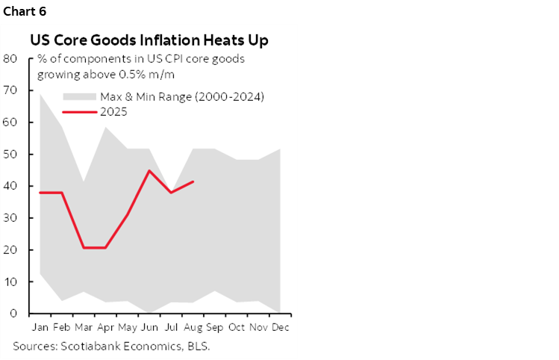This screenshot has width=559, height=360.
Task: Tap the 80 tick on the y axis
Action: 10,58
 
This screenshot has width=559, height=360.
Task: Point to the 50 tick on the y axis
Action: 10,155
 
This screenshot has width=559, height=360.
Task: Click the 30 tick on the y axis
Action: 10,218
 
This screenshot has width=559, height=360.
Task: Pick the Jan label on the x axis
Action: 40,328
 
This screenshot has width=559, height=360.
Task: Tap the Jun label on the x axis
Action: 149,328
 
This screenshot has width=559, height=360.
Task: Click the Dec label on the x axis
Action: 281,328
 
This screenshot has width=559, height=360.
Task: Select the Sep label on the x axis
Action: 215,328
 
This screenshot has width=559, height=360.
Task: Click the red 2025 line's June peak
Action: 150,170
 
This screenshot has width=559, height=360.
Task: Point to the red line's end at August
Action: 194,181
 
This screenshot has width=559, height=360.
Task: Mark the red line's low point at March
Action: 84,247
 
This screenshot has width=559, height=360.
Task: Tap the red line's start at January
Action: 40,193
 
